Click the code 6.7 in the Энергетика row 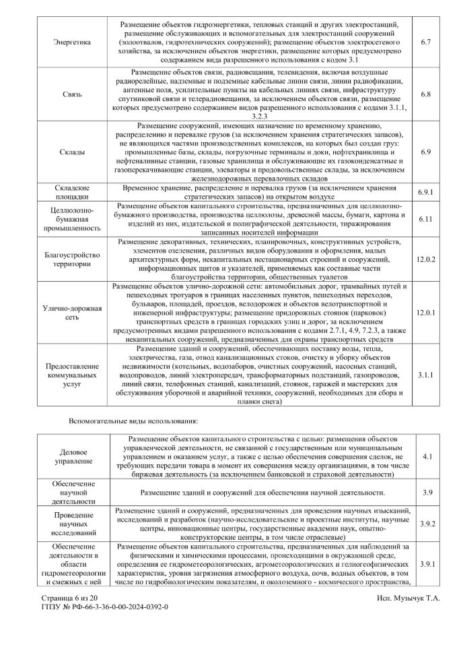tap(425, 42)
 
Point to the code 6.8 tap(425, 94)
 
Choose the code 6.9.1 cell tap(425, 191)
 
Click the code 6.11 tap(425, 219)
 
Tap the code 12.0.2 tap(426, 259)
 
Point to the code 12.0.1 tap(426, 313)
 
